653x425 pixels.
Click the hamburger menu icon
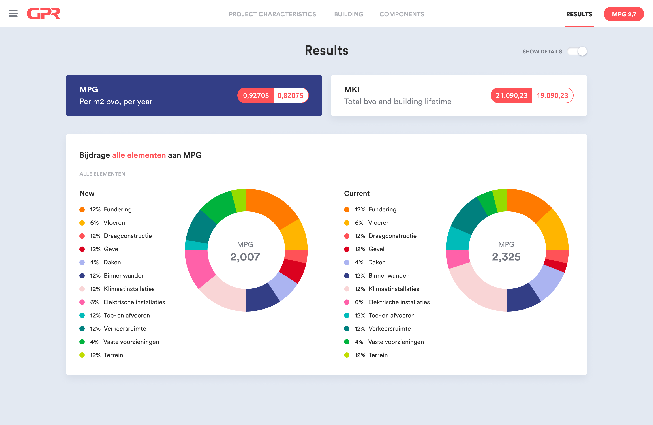13,13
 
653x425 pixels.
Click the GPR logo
44,14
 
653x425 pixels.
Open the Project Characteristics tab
272,14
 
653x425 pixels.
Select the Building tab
348,14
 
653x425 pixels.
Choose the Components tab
402,14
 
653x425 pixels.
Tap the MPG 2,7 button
624,14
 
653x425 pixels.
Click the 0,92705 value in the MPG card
256,96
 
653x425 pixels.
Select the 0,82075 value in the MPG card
291,96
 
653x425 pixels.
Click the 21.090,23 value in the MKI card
511,96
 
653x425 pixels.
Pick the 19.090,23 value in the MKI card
552,96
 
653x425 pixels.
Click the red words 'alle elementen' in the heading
139,155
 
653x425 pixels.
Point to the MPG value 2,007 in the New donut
245,257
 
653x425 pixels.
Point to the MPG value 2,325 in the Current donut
506,257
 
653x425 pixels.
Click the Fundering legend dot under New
82,210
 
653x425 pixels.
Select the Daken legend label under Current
377,262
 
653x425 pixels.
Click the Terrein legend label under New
113,355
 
